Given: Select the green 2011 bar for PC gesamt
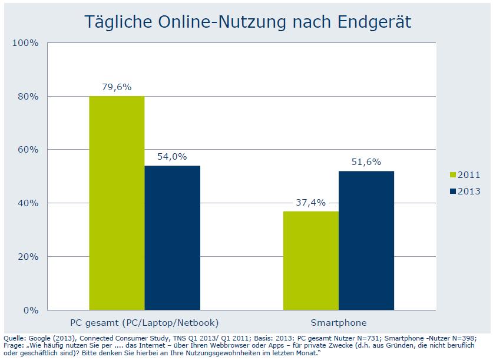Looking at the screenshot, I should pyautogui.click(x=117, y=203).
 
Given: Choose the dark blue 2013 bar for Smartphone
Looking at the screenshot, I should pyautogui.click(x=366, y=240).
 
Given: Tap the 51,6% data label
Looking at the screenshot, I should pyautogui.click(x=366, y=161).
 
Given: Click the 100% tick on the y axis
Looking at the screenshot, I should pyautogui.click(x=25, y=43).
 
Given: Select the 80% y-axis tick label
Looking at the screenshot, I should pyautogui.click(x=28, y=96).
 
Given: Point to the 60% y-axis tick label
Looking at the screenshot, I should pyautogui.click(x=28, y=150).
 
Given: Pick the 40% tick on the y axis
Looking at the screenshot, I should pyautogui.click(x=28, y=203).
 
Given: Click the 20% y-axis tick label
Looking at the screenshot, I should pyautogui.click(x=28, y=257).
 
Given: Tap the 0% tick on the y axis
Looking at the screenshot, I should pyautogui.click(x=30, y=310).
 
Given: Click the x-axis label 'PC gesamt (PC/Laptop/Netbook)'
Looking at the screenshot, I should pyautogui.click(x=144, y=322).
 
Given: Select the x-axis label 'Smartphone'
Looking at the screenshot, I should pyautogui.click(x=339, y=322).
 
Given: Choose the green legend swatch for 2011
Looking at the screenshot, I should pyautogui.click(x=452, y=175).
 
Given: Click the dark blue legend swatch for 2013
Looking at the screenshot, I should pyautogui.click(x=452, y=191).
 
